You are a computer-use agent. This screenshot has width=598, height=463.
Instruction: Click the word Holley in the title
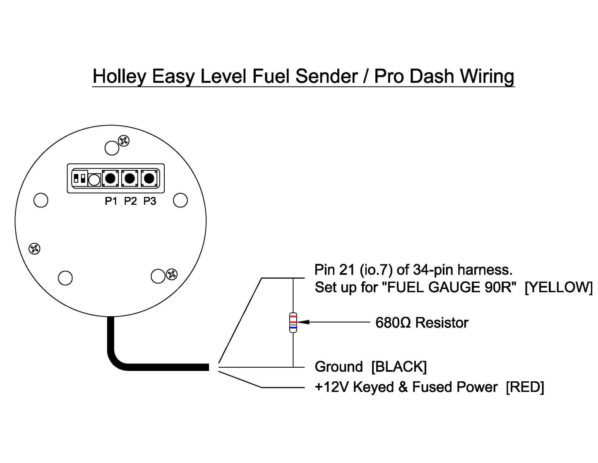tap(119, 77)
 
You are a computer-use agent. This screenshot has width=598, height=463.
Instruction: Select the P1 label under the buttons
tap(111, 201)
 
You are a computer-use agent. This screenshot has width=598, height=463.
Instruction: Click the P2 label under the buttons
tap(130, 201)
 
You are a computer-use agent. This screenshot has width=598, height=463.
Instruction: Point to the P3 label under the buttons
tap(150, 201)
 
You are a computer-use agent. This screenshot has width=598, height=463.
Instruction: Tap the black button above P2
tap(130, 179)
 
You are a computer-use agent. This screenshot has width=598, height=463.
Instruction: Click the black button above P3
tap(149, 179)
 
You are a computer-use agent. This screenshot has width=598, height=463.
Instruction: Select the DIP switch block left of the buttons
tap(79, 179)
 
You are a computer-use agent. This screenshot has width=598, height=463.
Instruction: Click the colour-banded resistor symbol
tap(293, 322)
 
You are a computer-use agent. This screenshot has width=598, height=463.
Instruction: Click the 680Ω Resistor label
tap(421, 323)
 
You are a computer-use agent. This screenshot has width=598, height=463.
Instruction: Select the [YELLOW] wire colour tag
tap(559, 287)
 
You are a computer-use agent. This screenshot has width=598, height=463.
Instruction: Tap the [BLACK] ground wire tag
tap(399, 367)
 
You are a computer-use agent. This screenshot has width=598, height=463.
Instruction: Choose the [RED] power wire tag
tap(525, 387)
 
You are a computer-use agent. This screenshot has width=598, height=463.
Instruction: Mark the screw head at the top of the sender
tap(124, 141)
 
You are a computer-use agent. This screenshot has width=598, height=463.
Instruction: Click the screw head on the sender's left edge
tap(34, 249)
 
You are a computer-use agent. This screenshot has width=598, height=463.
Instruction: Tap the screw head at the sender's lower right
tap(172, 274)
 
